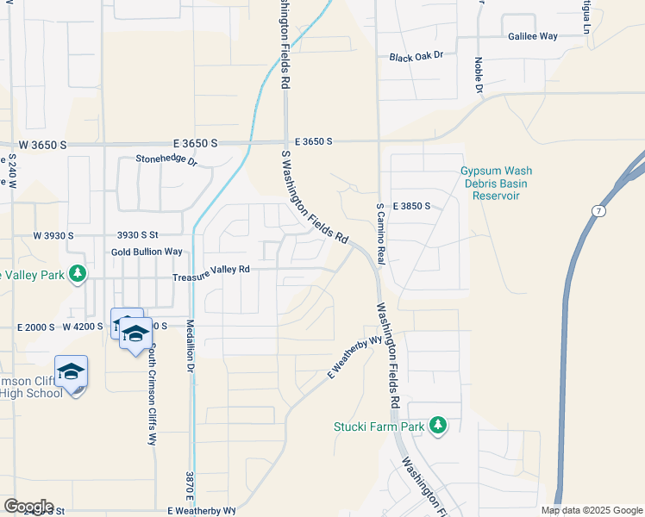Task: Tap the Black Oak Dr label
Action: click(x=416, y=56)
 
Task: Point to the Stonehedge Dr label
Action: click(x=166, y=159)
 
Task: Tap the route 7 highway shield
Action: click(x=598, y=210)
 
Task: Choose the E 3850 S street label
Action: click(x=417, y=207)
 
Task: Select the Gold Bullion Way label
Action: click(x=147, y=252)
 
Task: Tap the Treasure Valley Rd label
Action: click(x=210, y=270)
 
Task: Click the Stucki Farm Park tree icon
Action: click(x=438, y=426)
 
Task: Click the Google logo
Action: click(x=28, y=507)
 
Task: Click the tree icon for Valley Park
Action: click(x=78, y=273)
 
